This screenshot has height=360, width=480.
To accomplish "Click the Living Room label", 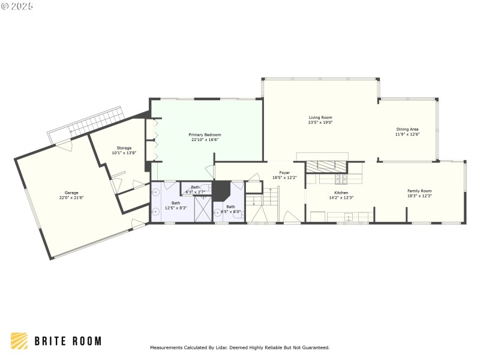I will point(320,118).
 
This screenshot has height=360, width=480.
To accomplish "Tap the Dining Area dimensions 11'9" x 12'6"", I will point(407,134).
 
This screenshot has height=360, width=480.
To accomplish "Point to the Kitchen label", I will point(340,193).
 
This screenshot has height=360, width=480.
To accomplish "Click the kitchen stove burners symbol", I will point(341,179).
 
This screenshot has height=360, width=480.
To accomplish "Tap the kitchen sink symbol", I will point(348,217).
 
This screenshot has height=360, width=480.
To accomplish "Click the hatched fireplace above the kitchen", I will point(328,167).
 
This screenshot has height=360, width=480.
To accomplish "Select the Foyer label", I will point(284,173).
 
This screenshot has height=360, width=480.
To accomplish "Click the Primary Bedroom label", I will point(205,135).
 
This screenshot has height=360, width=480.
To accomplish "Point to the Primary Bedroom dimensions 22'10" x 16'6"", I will point(205,140).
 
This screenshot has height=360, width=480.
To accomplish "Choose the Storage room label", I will point(124,148).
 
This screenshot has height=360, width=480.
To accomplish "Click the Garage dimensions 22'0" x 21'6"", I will point(71,197).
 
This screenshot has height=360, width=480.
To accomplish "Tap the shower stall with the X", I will point(203,209).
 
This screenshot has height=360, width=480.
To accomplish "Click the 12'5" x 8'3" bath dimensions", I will point(176,208).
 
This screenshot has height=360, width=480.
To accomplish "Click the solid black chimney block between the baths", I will point(223,191).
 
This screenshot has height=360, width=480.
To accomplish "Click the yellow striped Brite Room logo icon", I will point(19,341).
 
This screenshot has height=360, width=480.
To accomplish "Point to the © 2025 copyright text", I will point(17,5).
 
